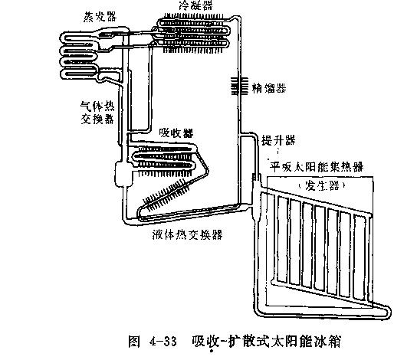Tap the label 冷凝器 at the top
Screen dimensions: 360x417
pyautogui.click(x=195, y=5)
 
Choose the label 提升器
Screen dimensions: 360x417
pyautogui.click(x=277, y=139)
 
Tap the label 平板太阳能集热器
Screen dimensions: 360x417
pyautogui.click(x=321, y=165)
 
